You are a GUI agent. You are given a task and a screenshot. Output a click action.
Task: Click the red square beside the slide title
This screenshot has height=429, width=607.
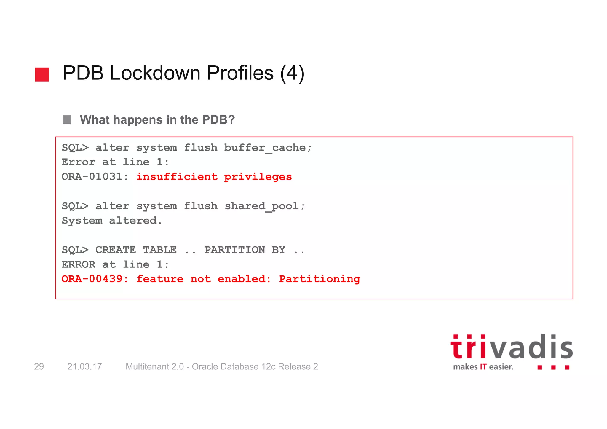tap(42, 74)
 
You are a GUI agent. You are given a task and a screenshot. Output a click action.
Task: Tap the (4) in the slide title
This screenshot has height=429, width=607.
tap(292, 73)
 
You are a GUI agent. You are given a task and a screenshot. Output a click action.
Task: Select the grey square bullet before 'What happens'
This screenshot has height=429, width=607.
tap(67, 119)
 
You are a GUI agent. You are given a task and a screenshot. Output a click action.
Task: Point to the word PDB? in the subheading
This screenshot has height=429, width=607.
tap(218, 120)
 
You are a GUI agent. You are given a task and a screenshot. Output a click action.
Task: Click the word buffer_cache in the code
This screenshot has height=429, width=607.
tap(264, 148)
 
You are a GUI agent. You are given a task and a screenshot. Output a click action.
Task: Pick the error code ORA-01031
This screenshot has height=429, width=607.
tap(92, 177)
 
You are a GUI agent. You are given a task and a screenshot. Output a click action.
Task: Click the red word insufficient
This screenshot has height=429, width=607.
tap(177, 177)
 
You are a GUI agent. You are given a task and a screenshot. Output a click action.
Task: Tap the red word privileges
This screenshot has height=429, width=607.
tap(258, 177)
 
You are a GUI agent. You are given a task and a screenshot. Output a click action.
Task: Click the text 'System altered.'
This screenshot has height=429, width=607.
tap(112, 221)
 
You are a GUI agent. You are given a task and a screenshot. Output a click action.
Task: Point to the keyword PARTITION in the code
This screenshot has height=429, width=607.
tap(235, 250)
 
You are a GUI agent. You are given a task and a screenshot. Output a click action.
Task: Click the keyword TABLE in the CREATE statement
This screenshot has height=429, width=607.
tap(160, 250)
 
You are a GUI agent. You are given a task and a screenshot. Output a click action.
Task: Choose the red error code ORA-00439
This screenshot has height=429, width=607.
tap(92, 279)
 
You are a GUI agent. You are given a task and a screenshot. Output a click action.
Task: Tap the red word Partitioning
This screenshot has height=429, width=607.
tap(320, 279)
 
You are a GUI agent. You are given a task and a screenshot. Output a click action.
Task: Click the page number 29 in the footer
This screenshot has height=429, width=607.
tap(39, 366)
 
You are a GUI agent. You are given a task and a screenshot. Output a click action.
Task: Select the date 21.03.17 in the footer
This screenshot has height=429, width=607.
tap(84, 366)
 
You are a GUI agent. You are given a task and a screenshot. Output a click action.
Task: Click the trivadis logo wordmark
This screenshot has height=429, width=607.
tap(511, 347)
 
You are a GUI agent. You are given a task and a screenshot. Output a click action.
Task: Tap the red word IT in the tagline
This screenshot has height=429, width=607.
tap(483, 367)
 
